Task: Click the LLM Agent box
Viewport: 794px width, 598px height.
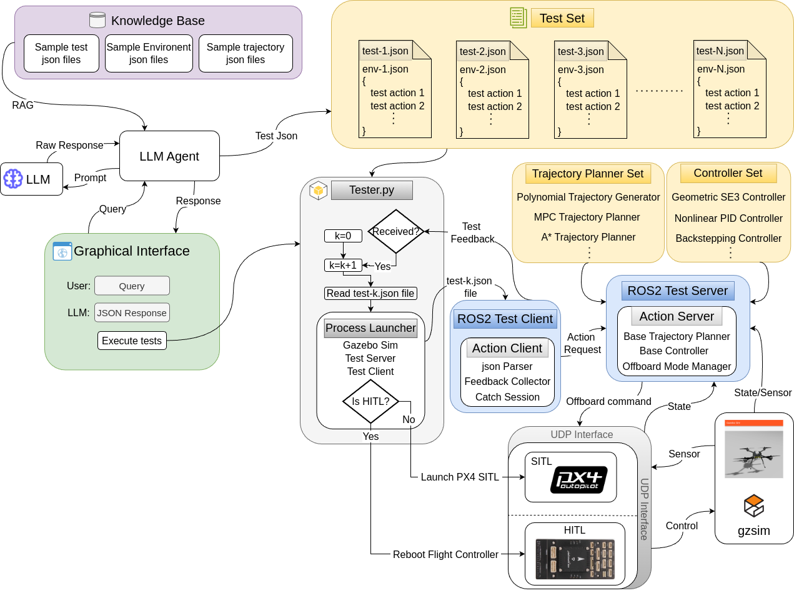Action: tap(169, 156)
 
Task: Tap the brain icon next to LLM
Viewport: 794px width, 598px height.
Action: tap(13, 179)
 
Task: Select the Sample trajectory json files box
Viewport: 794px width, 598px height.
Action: tap(246, 54)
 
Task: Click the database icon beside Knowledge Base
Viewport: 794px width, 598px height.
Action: tap(97, 20)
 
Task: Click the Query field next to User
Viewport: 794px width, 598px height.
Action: tap(132, 286)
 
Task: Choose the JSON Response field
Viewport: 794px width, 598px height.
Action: tap(132, 312)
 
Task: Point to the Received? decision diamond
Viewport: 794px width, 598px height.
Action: tap(396, 231)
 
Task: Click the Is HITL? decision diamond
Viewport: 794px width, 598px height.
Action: tap(370, 401)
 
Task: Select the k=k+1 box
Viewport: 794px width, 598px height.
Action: tap(343, 266)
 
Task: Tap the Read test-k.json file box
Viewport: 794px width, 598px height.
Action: tap(370, 293)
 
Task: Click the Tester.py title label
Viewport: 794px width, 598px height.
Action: tap(372, 190)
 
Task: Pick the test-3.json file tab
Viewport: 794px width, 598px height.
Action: tap(581, 51)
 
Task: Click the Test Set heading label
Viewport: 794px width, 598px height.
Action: tap(562, 18)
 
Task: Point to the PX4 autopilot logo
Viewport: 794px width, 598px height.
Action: tap(579, 480)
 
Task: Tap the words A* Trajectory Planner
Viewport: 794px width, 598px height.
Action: tap(588, 237)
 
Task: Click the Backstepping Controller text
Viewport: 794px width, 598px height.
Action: tap(728, 238)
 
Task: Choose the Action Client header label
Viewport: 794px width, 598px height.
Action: tap(507, 348)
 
